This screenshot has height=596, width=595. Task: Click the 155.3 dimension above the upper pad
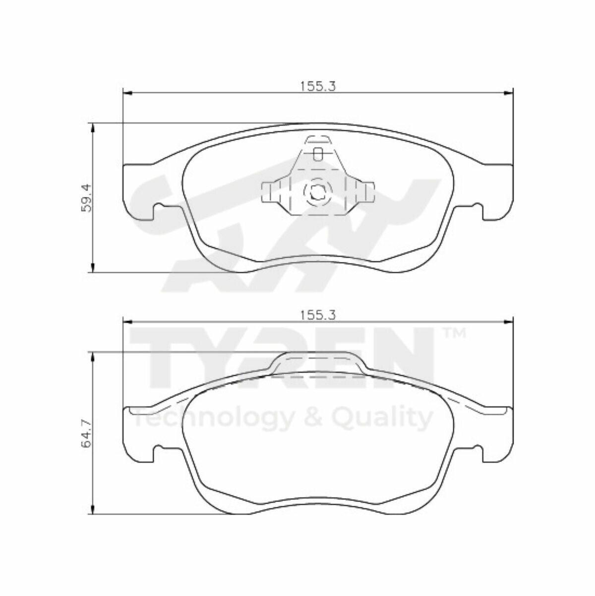click(x=318, y=86)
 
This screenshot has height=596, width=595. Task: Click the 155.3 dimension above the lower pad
click(x=318, y=315)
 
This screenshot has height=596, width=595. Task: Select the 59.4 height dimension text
click(x=86, y=198)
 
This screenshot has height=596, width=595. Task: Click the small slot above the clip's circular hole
click(x=318, y=154)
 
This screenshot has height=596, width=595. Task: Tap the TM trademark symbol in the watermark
click(x=454, y=333)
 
